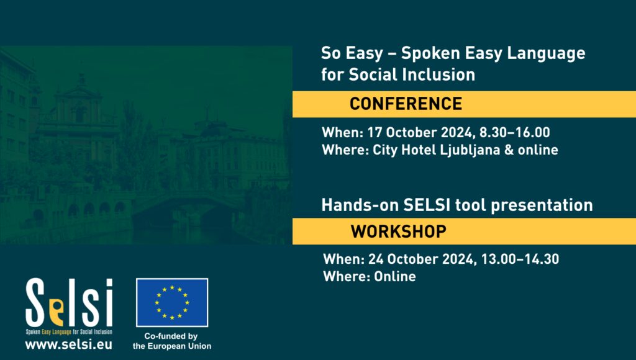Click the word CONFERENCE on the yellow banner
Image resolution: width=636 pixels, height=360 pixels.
(x=406, y=104)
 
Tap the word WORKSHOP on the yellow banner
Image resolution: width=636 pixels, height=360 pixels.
(x=398, y=232)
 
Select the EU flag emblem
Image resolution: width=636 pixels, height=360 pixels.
(x=172, y=302)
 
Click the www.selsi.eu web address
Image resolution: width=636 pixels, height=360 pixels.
(x=68, y=344)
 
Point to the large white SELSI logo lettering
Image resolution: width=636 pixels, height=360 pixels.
(x=69, y=302)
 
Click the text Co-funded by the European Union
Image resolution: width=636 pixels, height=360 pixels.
(x=172, y=341)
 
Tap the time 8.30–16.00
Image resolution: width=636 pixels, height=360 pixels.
(x=515, y=133)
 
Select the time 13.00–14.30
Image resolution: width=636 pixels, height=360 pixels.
(x=520, y=259)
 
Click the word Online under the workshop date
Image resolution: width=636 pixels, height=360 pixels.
(x=394, y=276)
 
